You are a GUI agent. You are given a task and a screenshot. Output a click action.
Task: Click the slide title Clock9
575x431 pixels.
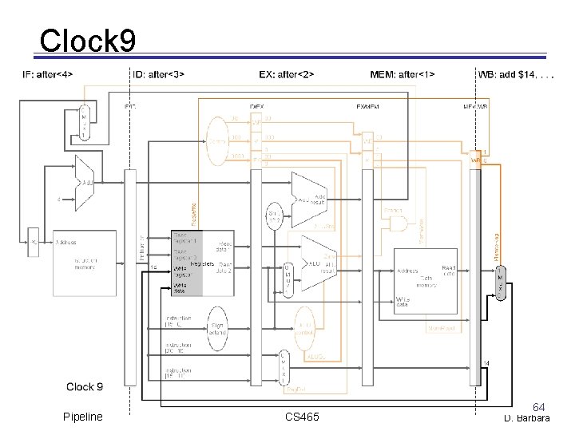coord(87,41)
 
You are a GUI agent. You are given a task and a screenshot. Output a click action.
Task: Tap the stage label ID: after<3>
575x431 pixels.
coord(157,75)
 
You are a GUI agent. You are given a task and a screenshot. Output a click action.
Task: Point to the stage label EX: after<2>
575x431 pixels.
coord(287,75)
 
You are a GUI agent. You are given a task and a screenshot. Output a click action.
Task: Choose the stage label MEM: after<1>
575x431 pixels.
coord(402,75)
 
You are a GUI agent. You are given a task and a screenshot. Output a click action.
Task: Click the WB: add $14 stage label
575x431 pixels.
coord(515,75)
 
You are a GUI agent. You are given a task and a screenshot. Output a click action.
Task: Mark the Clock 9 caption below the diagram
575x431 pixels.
coord(85,387)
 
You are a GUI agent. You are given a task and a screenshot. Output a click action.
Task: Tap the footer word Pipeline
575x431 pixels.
coord(83,417)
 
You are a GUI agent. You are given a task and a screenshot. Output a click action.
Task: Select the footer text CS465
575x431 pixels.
coord(302,417)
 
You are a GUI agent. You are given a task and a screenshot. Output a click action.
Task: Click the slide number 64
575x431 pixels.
coord(539,408)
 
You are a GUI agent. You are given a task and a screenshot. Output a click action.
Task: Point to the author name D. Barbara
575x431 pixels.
coord(526,418)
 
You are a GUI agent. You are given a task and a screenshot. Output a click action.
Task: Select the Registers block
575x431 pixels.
coord(202,263)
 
